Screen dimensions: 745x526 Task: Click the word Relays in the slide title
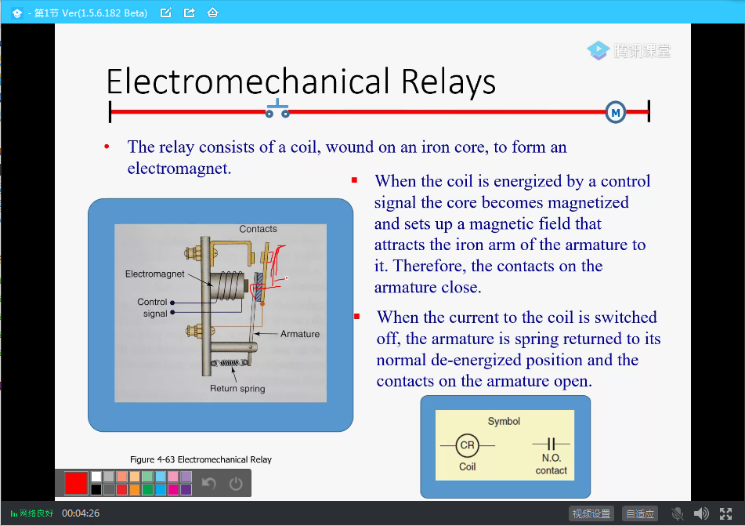pyautogui.click(x=448, y=82)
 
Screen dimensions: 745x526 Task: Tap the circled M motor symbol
pyautogui.click(x=616, y=113)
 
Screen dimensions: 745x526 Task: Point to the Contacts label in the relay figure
pyautogui.click(x=258, y=229)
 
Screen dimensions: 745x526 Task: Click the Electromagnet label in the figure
pyautogui.click(x=155, y=274)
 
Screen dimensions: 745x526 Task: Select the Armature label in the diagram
pyautogui.click(x=300, y=334)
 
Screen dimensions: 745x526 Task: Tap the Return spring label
pyautogui.click(x=237, y=389)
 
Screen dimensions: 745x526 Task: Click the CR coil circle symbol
pyautogui.click(x=467, y=445)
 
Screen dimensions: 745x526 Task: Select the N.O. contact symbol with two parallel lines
pyautogui.click(x=552, y=444)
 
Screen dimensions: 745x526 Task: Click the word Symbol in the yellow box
pyautogui.click(x=504, y=422)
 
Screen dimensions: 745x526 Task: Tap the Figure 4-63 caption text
pyautogui.click(x=201, y=459)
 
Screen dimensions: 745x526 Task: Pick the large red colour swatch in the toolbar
pyautogui.click(x=76, y=483)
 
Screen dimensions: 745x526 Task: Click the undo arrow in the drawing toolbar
pyautogui.click(x=209, y=484)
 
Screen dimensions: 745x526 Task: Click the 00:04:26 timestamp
pyautogui.click(x=81, y=513)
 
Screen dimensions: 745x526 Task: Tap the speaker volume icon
pyautogui.click(x=701, y=513)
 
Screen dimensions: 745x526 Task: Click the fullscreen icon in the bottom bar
pyautogui.click(x=725, y=513)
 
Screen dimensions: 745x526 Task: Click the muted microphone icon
pyautogui.click(x=678, y=513)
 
